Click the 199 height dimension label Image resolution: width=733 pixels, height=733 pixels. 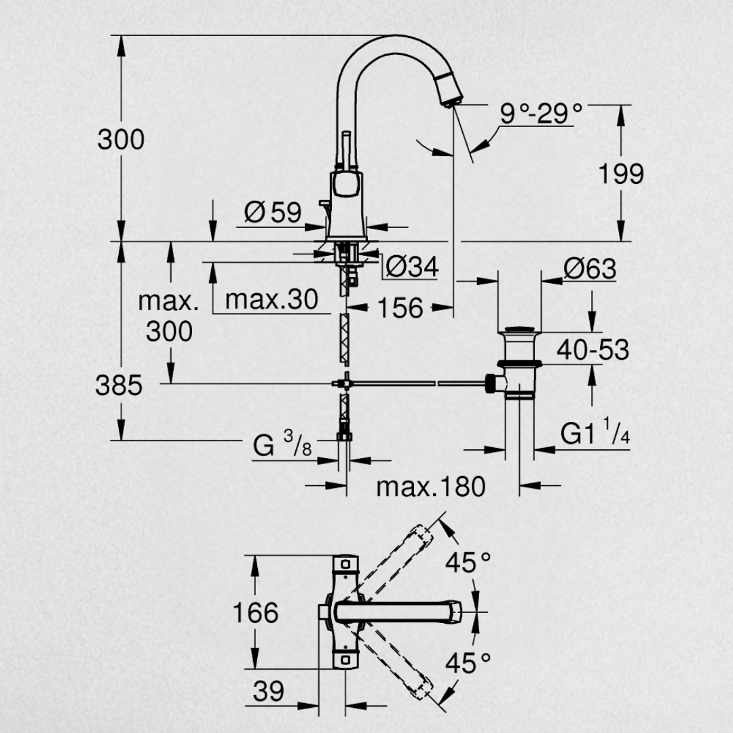(x=620, y=174)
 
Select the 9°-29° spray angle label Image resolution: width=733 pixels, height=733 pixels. (x=541, y=113)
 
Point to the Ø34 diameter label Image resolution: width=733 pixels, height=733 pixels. (x=412, y=267)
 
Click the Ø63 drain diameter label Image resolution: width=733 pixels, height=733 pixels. (x=589, y=269)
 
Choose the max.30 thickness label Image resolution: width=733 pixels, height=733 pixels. (x=271, y=299)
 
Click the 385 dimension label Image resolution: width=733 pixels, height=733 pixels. (x=119, y=386)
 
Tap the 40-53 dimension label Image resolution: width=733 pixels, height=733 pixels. (x=593, y=350)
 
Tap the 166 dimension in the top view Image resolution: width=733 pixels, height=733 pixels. (x=255, y=613)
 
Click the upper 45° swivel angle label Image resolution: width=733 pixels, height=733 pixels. (x=468, y=561)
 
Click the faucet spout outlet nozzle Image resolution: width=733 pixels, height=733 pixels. (x=450, y=94)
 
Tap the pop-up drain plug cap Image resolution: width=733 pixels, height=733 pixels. (x=519, y=332)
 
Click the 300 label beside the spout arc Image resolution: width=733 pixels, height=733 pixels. (x=121, y=139)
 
